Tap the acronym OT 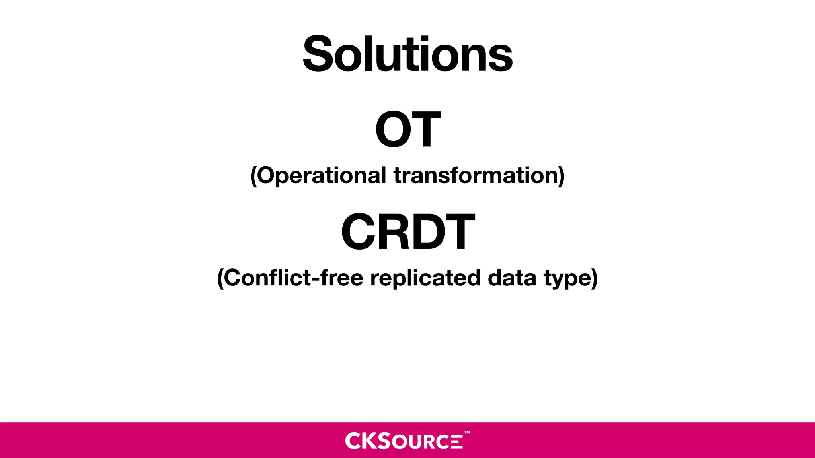(408, 129)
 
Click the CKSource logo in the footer (404, 441)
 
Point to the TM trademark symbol (467, 432)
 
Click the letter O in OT (392, 129)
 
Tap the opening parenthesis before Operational (253, 176)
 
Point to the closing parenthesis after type (594, 278)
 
